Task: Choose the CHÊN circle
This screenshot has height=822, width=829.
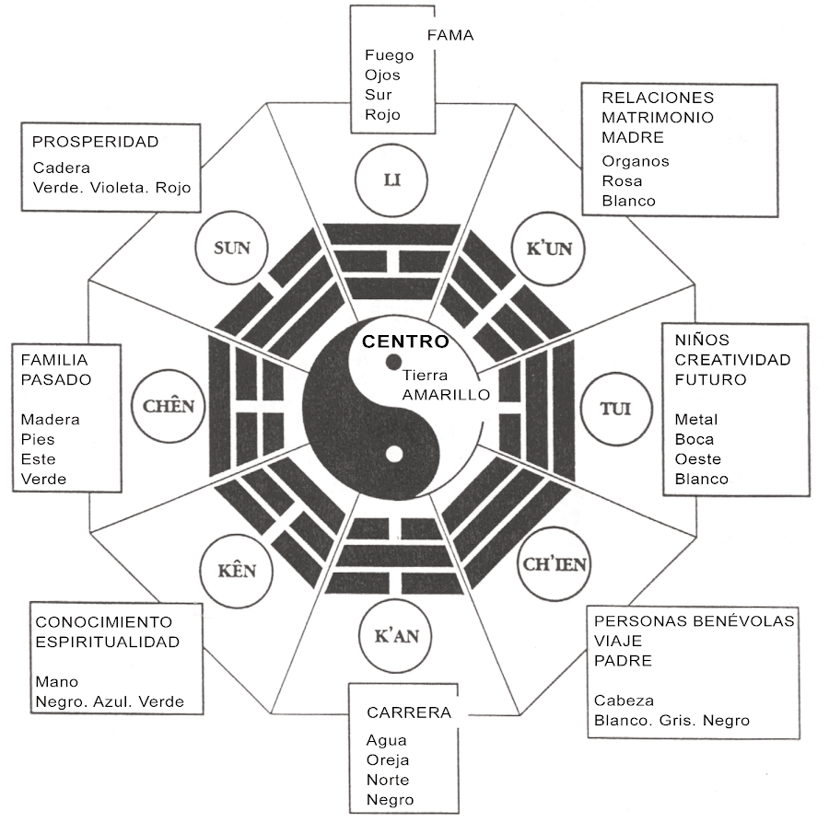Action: tap(169, 406)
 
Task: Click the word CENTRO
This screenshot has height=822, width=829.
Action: tap(405, 342)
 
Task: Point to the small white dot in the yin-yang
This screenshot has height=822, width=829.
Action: tap(394, 454)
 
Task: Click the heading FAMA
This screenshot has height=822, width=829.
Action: tap(450, 35)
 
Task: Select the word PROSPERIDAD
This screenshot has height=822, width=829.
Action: tap(95, 142)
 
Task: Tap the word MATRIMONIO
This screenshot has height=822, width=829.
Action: tap(658, 117)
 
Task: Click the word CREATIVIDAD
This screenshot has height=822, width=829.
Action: tap(732, 359)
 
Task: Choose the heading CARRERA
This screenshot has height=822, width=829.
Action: tap(409, 712)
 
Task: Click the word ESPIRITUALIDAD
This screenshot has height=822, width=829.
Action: tap(107, 642)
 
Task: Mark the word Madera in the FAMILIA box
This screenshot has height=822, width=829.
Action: tap(50, 419)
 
